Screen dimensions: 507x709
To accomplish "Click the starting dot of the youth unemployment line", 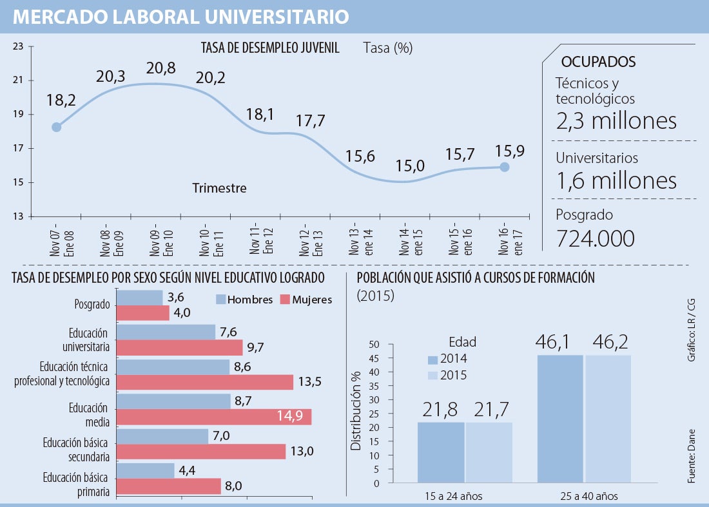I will tap(57, 127).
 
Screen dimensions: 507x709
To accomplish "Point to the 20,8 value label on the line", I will tap(161, 69).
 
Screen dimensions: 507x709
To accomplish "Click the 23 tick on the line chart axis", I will tap(18, 46).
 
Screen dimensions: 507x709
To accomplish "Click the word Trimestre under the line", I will tap(219, 189).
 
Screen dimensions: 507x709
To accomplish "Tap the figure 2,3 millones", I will tap(616, 121).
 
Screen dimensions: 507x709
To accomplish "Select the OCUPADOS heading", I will tap(599, 62).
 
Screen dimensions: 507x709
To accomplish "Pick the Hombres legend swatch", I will tap(220, 300).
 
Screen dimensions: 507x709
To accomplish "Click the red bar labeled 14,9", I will tap(214, 417).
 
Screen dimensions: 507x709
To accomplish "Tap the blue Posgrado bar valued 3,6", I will tap(140, 298).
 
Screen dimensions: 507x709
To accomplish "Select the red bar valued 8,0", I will tap(169, 486).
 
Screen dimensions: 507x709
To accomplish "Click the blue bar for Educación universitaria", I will tap(166, 332).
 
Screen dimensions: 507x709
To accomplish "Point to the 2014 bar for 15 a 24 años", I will tap(441, 452).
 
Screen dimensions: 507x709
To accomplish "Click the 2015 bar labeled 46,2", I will tap(608, 419).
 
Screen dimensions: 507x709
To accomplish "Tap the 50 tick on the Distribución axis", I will tap(374, 345).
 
